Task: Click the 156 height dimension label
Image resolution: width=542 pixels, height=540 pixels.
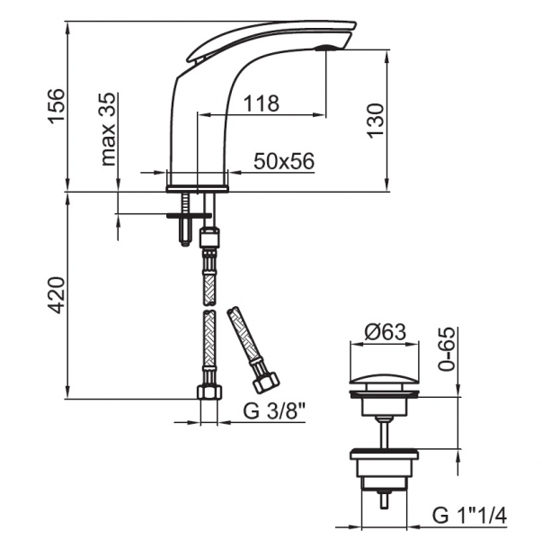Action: pos(57,106)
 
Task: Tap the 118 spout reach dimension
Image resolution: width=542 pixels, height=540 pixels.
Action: pos(262,103)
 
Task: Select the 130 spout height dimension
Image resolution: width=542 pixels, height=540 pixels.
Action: pos(376,121)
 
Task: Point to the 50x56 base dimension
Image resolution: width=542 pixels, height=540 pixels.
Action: pos(284,160)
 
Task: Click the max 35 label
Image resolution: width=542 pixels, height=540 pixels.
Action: pos(108,129)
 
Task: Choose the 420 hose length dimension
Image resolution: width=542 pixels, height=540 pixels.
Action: pos(57,295)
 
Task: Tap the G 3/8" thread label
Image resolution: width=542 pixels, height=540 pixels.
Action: pos(275,411)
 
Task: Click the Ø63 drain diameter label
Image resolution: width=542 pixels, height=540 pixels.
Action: pos(385,332)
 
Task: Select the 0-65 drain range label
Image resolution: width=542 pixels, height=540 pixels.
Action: pos(447,348)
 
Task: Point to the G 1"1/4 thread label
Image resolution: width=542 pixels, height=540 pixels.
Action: pos(469,516)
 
